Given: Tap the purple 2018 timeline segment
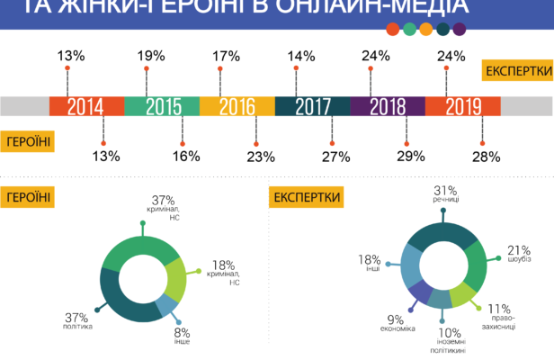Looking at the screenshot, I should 387,106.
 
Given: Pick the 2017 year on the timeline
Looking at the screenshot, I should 311,106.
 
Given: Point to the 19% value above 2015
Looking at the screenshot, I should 151,56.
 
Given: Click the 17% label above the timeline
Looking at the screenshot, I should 227,56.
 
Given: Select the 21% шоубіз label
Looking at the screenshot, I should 519,255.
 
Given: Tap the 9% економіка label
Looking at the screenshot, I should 397,323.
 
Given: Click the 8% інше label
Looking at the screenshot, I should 183,336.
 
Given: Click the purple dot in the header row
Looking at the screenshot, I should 460,30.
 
